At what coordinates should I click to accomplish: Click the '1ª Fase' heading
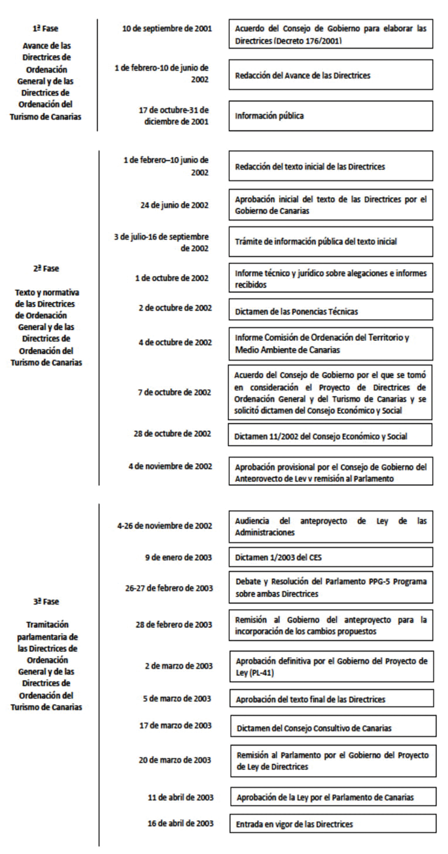point(45,29)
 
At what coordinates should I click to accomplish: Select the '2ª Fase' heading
point(46,269)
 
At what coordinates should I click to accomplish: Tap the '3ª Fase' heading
point(46,601)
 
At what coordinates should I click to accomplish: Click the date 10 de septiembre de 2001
point(167,29)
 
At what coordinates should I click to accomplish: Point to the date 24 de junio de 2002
point(174,205)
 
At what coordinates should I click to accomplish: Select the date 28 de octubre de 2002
point(172,434)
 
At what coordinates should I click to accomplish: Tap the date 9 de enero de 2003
point(178,558)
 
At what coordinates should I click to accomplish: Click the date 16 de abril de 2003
point(180,823)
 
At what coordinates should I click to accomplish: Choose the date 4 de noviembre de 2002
point(170,466)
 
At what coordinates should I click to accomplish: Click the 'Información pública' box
point(331,116)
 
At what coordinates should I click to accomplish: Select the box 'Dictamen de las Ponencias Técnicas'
point(331,312)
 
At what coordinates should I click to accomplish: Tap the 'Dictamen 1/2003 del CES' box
point(331,558)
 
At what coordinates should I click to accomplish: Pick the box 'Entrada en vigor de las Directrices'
point(332,824)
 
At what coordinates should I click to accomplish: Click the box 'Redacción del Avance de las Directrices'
point(331,75)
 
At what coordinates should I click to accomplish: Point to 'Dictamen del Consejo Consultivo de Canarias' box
point(333,728)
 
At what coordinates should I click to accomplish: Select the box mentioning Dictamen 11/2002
point(330,436)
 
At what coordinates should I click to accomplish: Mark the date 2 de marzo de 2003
point(178,666)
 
